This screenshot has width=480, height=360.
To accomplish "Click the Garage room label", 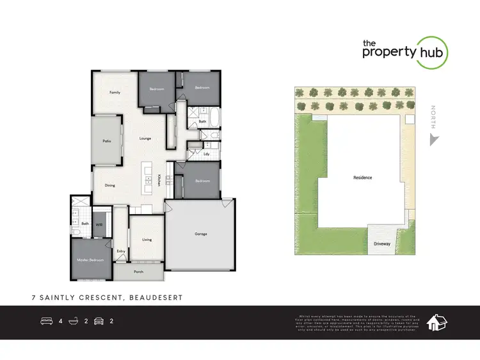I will [200, 234].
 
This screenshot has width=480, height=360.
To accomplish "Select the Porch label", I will [138, 272].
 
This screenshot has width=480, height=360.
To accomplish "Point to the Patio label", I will [108, 141].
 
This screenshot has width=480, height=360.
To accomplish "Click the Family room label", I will [115, 92].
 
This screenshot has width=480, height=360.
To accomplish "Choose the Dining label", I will [110, 185].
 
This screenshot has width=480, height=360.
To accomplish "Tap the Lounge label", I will [145, 138].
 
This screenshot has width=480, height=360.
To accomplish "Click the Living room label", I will [147, 240].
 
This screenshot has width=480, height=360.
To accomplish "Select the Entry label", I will [121, 251].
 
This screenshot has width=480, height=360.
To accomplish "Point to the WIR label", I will [99, 224].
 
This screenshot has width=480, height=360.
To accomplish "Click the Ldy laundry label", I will [206, 154].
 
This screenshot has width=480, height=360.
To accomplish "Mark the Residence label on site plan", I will [362, 178].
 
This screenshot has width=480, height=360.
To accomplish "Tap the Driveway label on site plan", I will [382, 244].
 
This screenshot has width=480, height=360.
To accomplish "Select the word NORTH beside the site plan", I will [434, 116].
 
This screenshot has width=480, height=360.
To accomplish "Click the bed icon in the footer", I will [47, 321].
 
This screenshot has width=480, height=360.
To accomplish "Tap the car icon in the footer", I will [99, 321].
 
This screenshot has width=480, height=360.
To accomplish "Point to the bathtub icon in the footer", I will [73, 321].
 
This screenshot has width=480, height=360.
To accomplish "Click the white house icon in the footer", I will [436, 322].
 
